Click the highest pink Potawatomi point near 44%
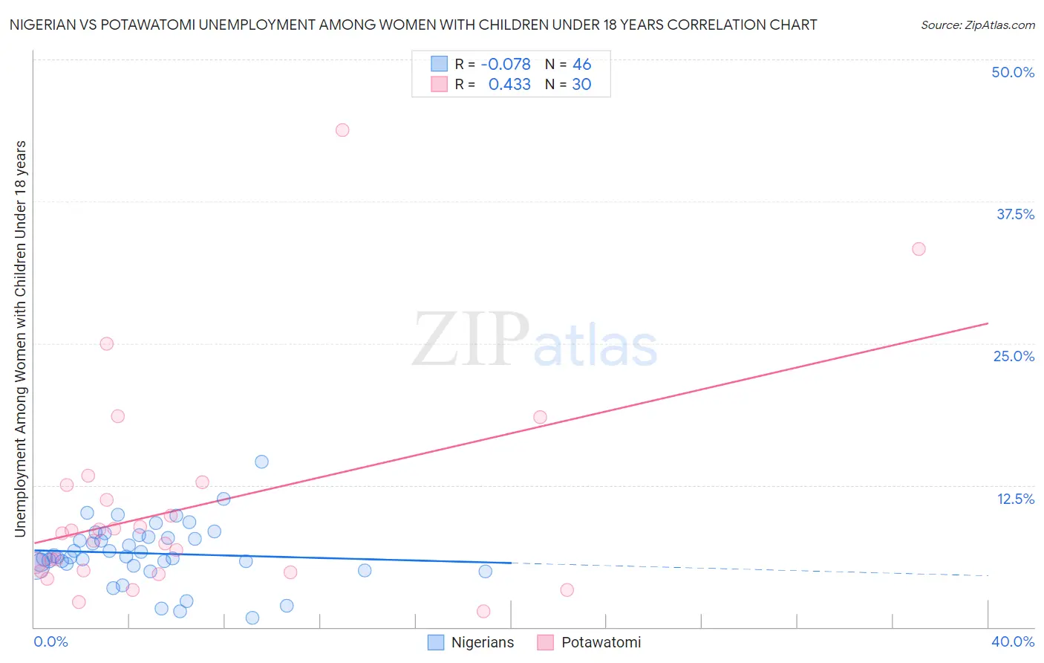pos(342,130)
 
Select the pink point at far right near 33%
pos(919,249)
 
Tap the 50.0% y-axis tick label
pos(1013,72)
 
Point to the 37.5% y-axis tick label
pos(1015,214)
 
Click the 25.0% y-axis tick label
pos(1014,356)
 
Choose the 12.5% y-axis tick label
pos(1015,499)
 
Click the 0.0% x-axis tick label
pos(50,641)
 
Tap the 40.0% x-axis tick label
pos(1013,641)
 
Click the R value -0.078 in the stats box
pos(506,65)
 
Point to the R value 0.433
pos(509,85)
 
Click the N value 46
pos(581,65)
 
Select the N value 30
pos(581,85)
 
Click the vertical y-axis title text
pos(20,338)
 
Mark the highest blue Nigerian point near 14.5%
pos(261,462)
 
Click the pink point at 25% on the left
pos(106,343)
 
